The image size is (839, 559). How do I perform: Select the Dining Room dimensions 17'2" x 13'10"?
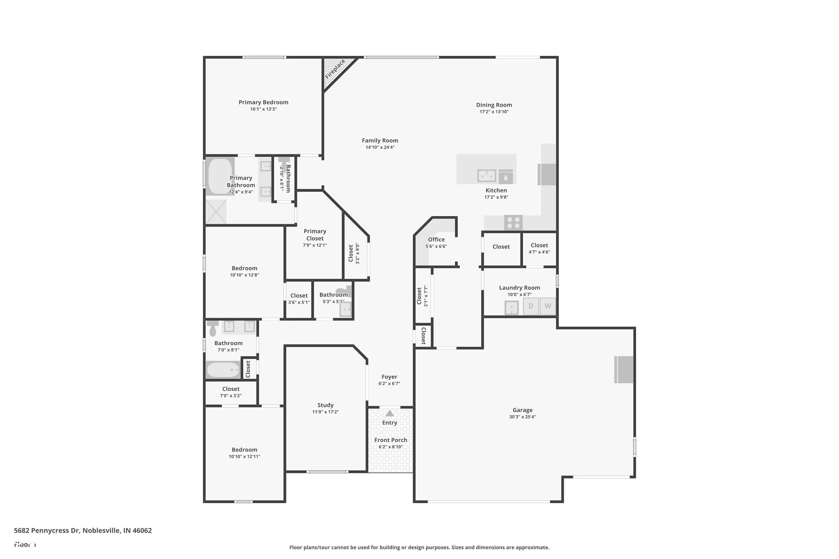pos(494,112)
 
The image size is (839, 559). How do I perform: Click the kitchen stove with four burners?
pos(513,222)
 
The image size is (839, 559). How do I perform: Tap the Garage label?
pos(523,410)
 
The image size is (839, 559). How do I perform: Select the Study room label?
pos(325,405)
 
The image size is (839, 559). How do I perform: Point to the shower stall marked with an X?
pos(216,212)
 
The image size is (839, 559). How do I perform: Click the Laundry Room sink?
pos(512,308)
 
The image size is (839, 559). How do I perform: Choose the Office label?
pos(436,240)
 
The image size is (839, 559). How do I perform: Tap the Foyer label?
pos(389,377)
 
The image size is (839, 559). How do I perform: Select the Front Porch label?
pos(391,440)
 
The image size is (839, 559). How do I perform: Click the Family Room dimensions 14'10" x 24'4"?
pos(380,147)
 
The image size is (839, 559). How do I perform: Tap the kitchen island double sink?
pos(487,176)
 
